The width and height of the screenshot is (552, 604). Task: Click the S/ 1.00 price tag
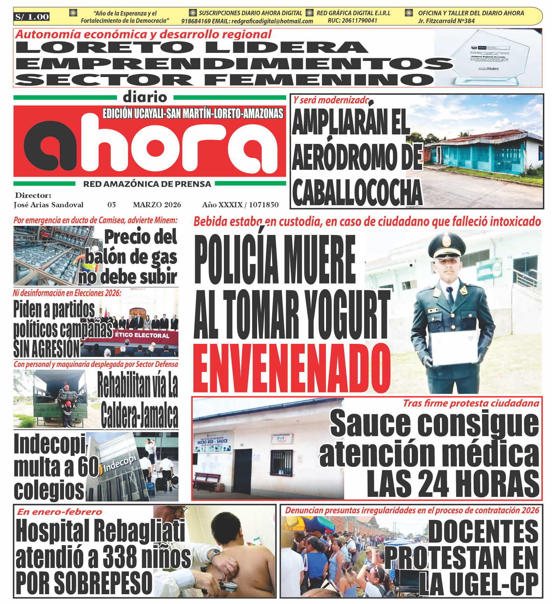tap(32, 16)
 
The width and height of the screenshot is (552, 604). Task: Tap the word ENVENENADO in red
tap(292, 368)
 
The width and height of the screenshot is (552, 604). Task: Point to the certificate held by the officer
tap(454, 347)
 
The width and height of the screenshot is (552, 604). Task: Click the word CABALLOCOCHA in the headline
tap(357, 193)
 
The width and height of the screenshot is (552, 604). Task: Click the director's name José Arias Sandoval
tap(48, 205)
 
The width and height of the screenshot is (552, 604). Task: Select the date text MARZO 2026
tap(157, 205)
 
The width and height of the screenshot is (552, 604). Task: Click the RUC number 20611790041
tap(352, 21)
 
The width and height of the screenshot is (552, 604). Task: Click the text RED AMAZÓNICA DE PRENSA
tap(147, 184)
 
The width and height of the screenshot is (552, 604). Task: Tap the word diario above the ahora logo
tap(145, 97)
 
